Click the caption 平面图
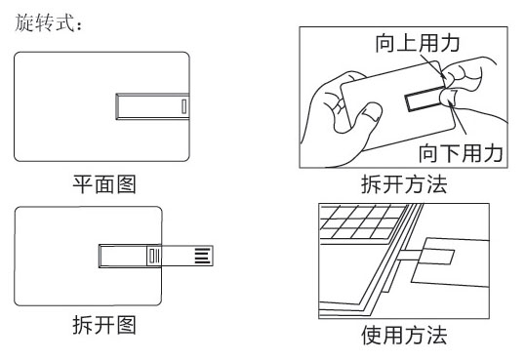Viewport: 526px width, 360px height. [x=104, y=184]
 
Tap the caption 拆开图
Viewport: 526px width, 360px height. [x=104, y=325]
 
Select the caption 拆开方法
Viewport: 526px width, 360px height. [x=404, y=184]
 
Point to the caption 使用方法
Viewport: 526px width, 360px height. [x=404, y=335]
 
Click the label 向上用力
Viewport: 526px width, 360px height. [x=418, y=43]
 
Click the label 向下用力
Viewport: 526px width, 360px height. [x=461, y=153]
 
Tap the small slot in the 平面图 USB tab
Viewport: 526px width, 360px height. [x=183, y=106]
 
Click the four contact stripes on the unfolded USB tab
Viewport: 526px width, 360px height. [x=203, y=256]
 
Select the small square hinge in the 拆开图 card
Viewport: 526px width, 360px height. [x=154, y=256]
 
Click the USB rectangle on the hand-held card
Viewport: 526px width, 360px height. [x=424, y=99]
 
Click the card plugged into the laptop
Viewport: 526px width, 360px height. [x=450, y=261]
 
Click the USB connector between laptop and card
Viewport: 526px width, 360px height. [x=410, y=255]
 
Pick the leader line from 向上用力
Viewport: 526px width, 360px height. [x=433, y=66]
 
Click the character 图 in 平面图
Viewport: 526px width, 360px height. [x=126, y=184]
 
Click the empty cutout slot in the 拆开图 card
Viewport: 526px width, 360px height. [x=123, y=256]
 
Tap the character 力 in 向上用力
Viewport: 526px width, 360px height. [x=450, y=43]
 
